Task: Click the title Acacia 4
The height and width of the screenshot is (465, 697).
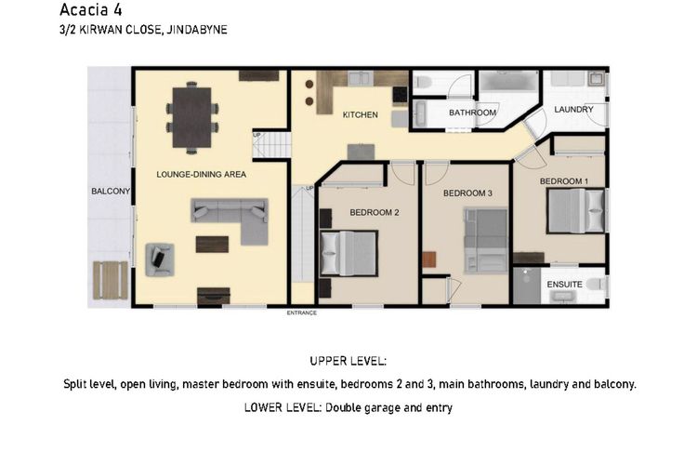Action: pos(91,9)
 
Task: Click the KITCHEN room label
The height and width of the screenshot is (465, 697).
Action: pos(360,114)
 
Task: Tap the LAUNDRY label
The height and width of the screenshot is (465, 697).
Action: pos(573,109)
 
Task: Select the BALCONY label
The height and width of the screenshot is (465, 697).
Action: pos(111,191)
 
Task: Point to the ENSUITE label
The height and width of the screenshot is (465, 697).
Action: pos(564,285)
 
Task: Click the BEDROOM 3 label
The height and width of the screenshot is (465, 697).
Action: pos(467,193)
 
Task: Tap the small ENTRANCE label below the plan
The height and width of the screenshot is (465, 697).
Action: pos(302,312)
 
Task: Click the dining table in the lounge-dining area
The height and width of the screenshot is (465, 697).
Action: pos(192,117)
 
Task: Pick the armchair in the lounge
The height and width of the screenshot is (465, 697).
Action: pos(160,259)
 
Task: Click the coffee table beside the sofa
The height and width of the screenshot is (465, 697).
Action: pos(212,245)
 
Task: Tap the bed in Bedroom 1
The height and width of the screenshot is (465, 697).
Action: pos(576,210)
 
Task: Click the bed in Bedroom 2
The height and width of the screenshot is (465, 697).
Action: pos(348,253)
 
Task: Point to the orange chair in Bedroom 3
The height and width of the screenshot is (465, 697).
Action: pos(429,259)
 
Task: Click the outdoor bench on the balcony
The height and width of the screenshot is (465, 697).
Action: pos(111,280)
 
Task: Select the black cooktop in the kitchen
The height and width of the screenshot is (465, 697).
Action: pos(400,95)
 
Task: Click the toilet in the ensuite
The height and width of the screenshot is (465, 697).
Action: pos(597,284)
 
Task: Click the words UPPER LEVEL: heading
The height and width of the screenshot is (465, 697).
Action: pos(348,361)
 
